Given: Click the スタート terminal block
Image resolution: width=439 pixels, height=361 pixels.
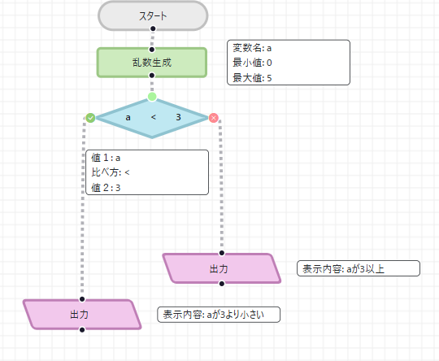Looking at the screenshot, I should click(x=152, y=15).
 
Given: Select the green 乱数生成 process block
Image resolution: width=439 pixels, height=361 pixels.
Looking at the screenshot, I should click(x=152, y=63).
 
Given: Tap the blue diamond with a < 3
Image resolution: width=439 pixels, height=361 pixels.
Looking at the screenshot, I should click(x=152, y=118).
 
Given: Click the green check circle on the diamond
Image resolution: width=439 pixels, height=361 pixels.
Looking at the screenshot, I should click(x=90, y=118).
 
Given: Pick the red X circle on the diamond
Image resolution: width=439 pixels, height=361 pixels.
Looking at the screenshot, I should click(x=214, y=118).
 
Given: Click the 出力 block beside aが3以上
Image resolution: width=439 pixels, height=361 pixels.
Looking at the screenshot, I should click(x=221, y=268).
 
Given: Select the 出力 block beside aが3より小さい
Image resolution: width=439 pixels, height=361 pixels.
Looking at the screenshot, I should click(x=81, y=314).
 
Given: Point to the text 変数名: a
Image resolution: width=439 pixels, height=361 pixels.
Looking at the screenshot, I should click(x=252, y=49).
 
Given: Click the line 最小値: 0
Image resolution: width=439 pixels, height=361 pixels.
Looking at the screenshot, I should click(x=252, y=63).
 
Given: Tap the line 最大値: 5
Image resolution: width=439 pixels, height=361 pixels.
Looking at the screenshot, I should click(x=252, y=77).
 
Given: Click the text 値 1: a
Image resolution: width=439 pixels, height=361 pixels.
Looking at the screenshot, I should click(x=106, y=158).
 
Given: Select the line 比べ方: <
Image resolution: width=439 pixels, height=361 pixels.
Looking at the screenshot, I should click(x=111, y=172).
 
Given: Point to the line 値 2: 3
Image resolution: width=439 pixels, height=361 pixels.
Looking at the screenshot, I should click(x=106, y=187).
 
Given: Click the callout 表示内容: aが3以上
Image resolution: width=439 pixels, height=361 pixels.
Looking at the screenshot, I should click(x=359, y=268).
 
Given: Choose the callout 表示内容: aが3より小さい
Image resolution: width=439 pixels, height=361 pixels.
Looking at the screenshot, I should click(x=219, y=314).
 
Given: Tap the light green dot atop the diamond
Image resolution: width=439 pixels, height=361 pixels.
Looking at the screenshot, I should click(x=152, y=97).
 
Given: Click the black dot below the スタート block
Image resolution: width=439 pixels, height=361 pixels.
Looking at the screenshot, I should click(x=152, y=29).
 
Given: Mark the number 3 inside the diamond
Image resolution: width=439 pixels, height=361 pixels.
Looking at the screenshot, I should click(x=178, y=118).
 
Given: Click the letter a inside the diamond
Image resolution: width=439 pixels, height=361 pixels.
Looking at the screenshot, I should click(x=128, y=118).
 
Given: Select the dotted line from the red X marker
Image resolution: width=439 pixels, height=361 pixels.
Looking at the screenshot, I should click(x=221, y=187).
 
